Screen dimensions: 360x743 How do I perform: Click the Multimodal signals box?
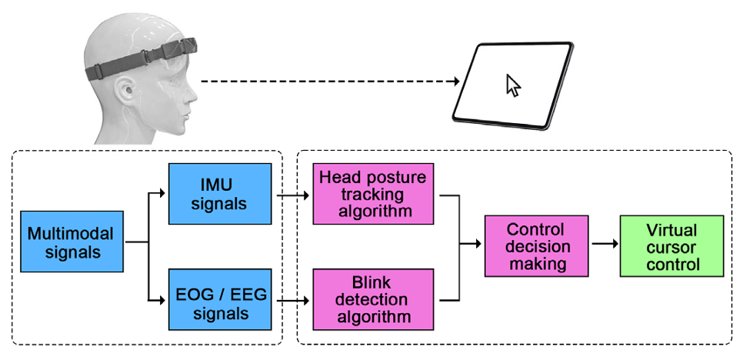point(72,242)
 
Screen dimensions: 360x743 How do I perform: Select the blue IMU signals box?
point(220,194)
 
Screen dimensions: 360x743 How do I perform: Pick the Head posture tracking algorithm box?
point(373,194)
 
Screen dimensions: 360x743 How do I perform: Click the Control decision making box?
point(536,246)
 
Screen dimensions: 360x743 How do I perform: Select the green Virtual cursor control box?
point(671,246)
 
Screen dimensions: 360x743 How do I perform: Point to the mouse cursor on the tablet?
point(513,85)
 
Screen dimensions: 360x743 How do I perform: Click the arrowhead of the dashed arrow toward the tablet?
point(455,80)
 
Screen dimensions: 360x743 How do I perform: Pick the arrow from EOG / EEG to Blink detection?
point(292,302)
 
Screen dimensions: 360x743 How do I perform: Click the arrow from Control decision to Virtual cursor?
point(604,245)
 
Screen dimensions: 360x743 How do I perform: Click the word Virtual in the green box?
point(671,229)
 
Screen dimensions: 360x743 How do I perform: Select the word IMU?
point(220,185)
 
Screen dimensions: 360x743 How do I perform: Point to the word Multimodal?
point(72,233)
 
